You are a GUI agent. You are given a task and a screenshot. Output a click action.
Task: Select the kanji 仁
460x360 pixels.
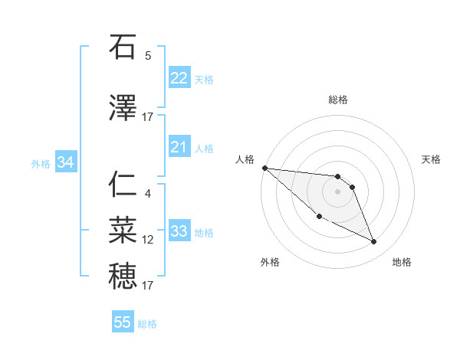(x=123, y=185)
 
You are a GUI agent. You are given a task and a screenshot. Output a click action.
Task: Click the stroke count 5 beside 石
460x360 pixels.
(x=148, y=56)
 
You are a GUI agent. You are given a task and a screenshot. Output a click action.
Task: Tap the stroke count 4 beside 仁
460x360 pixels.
(x=148, y=194)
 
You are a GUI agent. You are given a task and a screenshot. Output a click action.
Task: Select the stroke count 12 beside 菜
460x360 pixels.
(x=148, y=240)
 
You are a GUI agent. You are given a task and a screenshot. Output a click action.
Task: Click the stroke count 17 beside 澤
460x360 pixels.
(x=148, y=117)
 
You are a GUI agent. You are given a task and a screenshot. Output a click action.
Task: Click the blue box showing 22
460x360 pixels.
(x=179, y=78)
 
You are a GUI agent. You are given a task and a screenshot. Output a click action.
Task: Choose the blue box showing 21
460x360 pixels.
(x=179, y=147)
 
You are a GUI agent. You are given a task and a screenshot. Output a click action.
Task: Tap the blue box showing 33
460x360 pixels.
(x=179, y=231)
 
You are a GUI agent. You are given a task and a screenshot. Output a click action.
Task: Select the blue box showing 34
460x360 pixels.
(x=65, y=162)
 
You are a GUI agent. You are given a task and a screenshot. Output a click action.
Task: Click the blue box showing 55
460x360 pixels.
(x=123, y=322)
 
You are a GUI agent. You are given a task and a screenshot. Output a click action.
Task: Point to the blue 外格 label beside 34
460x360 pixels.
(x=41, y=163)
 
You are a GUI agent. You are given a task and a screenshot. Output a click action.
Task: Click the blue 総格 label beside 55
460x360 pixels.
(x=147, y=324)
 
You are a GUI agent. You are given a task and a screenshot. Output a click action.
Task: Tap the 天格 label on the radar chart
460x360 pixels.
(x=432, y=159)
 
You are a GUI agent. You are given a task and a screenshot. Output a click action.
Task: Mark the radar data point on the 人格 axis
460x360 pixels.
(x=264, y=167)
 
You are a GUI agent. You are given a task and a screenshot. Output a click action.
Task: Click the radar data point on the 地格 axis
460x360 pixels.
(x=374, y=242)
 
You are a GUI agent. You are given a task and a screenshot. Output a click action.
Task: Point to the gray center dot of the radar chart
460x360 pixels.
(x=338, y=191)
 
